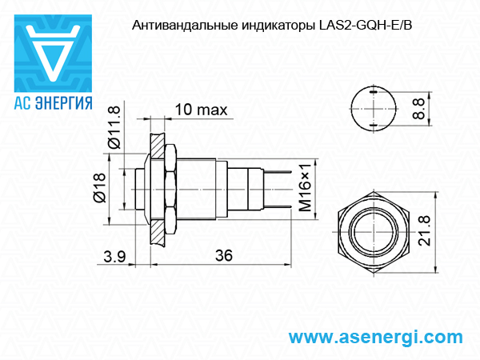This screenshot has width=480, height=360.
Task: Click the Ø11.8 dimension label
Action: tap(114, 126)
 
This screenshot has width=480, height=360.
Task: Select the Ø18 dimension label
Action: tap(100, 188)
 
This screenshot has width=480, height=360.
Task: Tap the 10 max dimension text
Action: tap(201, 110)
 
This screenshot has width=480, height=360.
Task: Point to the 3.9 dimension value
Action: tap(114, 257)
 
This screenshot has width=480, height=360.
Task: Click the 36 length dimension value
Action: tap(224, 256)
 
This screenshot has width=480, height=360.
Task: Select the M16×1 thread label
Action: tap(305, 187)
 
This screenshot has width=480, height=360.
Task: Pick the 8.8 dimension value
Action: tap(418, 109)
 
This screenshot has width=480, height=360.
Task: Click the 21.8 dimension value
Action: tap(424, 230)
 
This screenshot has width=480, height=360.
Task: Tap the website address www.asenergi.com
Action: tap(375, 338)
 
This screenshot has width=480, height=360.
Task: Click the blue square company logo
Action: tap(53, 54)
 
